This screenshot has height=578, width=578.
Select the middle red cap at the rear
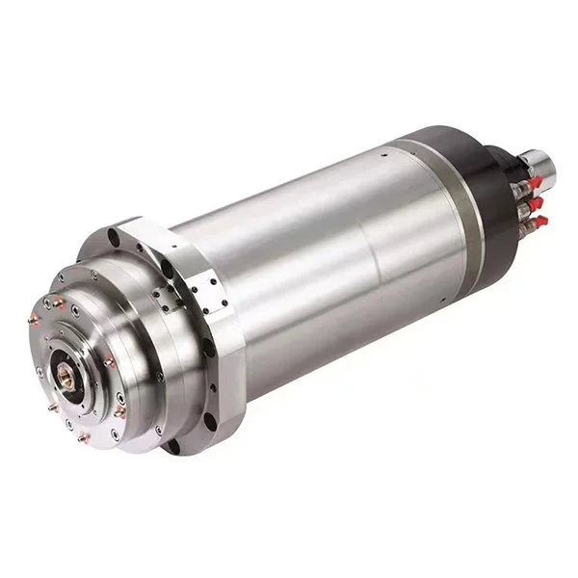537,202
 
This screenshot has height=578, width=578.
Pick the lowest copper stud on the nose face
84,436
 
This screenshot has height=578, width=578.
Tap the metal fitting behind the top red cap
521,187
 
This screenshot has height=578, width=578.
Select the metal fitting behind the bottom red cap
527,228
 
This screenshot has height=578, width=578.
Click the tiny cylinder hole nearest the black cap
385,151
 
